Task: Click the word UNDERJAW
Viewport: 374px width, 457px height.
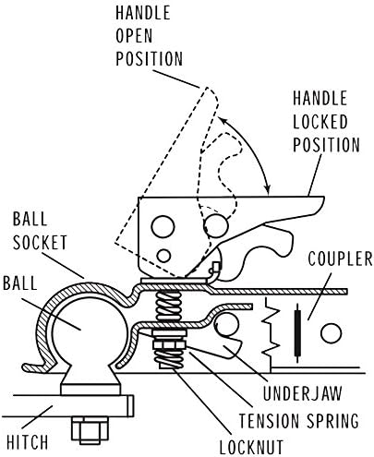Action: [x=302, y=393]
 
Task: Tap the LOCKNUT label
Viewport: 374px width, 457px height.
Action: [x=251, y=447]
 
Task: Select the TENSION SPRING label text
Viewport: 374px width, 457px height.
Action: [x=299, y=420]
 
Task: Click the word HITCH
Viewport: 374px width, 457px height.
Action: [x=27, y=442]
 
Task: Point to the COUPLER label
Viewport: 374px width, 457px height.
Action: [x=340, y=259]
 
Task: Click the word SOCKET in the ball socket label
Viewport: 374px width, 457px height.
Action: [x=40, y=243]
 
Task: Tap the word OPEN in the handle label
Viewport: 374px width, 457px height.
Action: [x=134, y=35]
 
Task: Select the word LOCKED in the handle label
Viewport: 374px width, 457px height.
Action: [x=320, y=122]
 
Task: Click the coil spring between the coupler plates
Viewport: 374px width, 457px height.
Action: [x=168, y=306]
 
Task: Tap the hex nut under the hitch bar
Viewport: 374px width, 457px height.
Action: [x=90, y=430]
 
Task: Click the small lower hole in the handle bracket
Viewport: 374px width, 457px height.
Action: [x=163, y=256]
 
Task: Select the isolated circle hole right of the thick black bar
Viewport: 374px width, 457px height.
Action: [x=331, y=332]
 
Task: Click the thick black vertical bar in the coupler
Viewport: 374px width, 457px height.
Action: [x=297, y=333]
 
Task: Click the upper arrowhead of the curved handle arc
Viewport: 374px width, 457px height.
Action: [x=221, y=120]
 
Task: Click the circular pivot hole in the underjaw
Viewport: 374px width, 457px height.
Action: [x=226, y=325]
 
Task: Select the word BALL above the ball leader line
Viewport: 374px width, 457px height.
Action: [x=20, y=283]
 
